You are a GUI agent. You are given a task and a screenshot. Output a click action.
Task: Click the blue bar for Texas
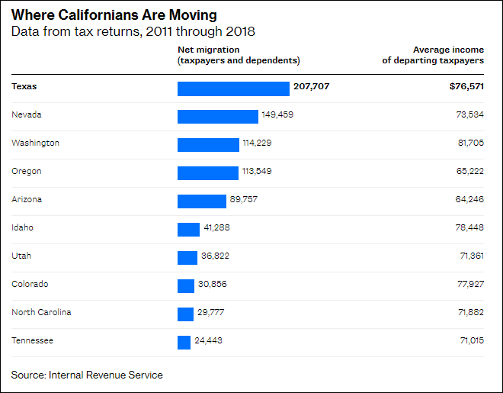click(233, 89)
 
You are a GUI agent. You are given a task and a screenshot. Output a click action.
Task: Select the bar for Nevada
click(218, 116)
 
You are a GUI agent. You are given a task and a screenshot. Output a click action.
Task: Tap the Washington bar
click(208, 144)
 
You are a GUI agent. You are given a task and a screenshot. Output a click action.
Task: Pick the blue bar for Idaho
click(188, 229)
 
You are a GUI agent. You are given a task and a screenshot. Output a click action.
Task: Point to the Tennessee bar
click(184, 342)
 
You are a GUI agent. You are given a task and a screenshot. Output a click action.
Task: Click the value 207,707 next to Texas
click(311, 87)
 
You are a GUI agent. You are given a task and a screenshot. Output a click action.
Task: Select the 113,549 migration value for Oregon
click(257, 171)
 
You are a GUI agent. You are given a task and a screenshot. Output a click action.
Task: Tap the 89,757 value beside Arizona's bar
click(244, 199)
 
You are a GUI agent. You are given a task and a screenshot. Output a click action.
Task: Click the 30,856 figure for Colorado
click(212, 284)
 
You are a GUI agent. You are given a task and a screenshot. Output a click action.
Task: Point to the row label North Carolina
click(41, 312)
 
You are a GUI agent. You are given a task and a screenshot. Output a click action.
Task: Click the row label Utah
click(21, 256)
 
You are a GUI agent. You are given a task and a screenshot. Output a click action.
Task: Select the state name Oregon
click(27, 171)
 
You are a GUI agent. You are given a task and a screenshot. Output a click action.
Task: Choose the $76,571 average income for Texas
click(466, 87)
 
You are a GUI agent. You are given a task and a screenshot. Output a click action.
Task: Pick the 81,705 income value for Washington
click(470, 143)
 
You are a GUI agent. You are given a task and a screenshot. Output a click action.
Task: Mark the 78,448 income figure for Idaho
click(470, 227)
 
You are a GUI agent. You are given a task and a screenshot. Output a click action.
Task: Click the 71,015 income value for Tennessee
click(470, 340)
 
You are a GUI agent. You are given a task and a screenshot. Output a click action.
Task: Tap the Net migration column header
click(239, 55)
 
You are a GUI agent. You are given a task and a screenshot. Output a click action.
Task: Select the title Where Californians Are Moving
click(114, 15)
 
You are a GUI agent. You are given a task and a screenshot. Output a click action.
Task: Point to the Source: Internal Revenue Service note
click(87, 375)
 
